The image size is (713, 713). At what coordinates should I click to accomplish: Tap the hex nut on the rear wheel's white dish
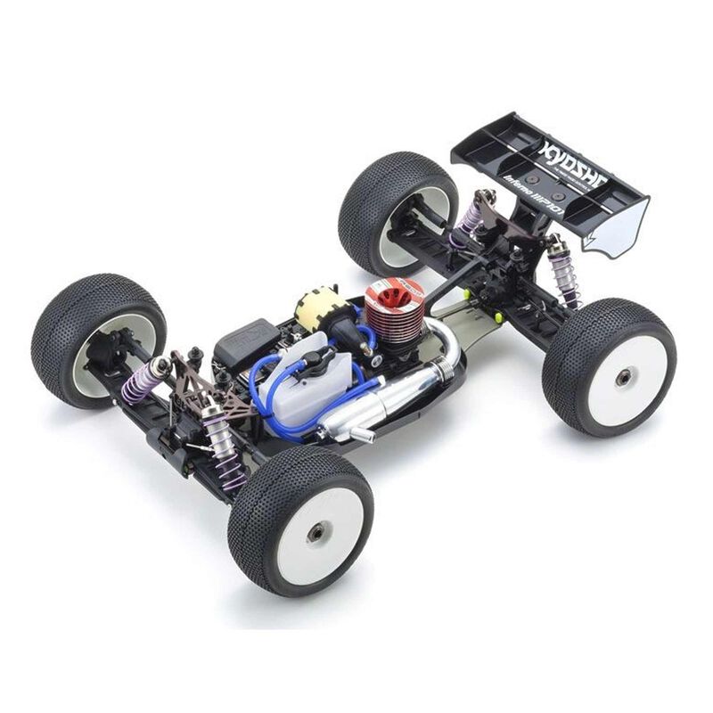(624, 377)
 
